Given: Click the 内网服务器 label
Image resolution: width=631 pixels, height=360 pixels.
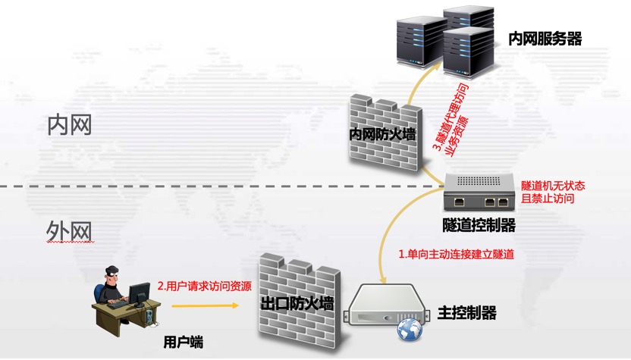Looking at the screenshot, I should pos(545,39).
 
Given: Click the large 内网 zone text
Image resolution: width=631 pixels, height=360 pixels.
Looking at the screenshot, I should pos(69,125).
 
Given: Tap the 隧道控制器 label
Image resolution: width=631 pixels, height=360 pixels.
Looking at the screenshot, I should pos(479,225).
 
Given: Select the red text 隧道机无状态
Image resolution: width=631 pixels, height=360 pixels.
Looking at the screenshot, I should pos(553,186).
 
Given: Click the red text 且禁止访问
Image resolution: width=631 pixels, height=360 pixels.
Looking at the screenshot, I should pos(548,199).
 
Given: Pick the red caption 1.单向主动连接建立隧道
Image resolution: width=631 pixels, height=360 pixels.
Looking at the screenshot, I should pos(457,255).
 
